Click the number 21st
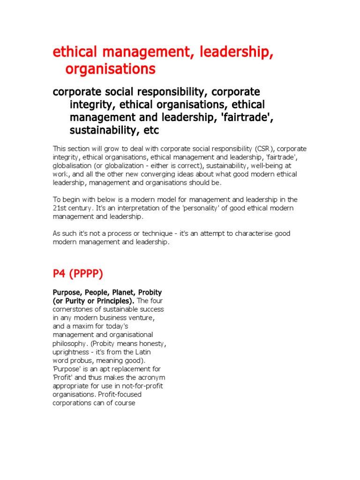(x=60, y=208)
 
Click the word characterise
(x=260, y=233)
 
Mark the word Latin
(x=141, y=352)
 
